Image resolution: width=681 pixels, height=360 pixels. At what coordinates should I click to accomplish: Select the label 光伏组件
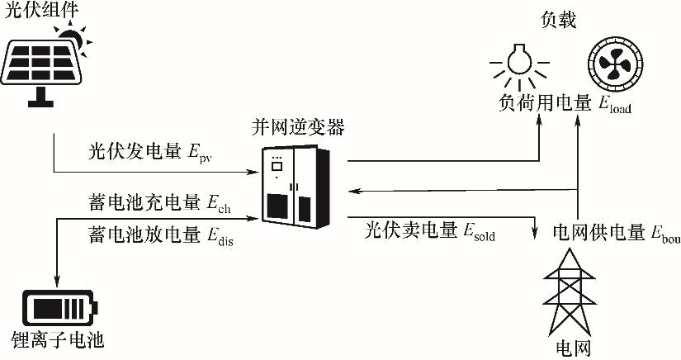click(40, 10)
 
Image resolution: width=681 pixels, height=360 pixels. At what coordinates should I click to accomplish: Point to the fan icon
click(615, 64)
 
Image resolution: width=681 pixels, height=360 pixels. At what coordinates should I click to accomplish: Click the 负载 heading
click(559, 20)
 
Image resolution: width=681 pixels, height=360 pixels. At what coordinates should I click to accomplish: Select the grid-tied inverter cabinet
click(296, 187)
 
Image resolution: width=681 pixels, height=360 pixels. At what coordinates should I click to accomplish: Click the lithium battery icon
click(59, 308)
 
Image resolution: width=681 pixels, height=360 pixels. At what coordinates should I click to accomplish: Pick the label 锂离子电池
click(58, 339)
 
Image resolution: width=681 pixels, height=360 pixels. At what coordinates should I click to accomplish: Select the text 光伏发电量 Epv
click(150, 153)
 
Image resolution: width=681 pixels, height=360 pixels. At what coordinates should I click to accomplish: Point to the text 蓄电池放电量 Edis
click(161, 236)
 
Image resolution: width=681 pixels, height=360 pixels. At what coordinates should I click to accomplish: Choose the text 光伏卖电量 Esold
click(430, 230)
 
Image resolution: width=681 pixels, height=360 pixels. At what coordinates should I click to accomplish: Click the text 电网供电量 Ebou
click(617, 233)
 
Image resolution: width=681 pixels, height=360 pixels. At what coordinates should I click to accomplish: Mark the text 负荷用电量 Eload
click(565, 104)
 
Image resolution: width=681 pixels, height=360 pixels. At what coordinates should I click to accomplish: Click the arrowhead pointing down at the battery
click(57, 282)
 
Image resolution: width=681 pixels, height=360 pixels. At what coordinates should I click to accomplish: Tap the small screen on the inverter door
click(277, 166)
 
